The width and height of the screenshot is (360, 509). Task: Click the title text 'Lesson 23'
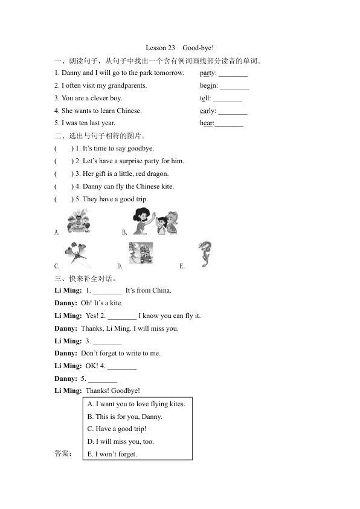pos(160,48)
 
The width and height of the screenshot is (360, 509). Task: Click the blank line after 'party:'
pos(233,76)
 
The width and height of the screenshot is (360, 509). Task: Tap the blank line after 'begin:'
pos(234,89)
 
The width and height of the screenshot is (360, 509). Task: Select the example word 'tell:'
pos(205,99)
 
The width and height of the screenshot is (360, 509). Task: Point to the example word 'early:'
pos(208,111)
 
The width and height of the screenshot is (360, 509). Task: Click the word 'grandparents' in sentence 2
pos(127,86)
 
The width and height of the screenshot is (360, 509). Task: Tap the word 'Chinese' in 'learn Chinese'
pos(129,111)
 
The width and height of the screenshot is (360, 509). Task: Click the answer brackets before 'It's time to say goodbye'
pos(64,149)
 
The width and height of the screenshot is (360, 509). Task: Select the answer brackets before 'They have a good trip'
pos(64,199)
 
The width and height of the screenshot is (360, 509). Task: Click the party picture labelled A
pos(79,221)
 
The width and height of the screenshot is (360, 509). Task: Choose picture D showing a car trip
pos(141,253)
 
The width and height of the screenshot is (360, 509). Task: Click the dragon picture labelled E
pos(205,254)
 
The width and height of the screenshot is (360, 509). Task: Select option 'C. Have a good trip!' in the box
pos(117,429)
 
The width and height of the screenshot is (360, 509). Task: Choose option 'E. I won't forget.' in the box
pos(112,454)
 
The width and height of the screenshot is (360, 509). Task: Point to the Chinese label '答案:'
pos(63,453)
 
